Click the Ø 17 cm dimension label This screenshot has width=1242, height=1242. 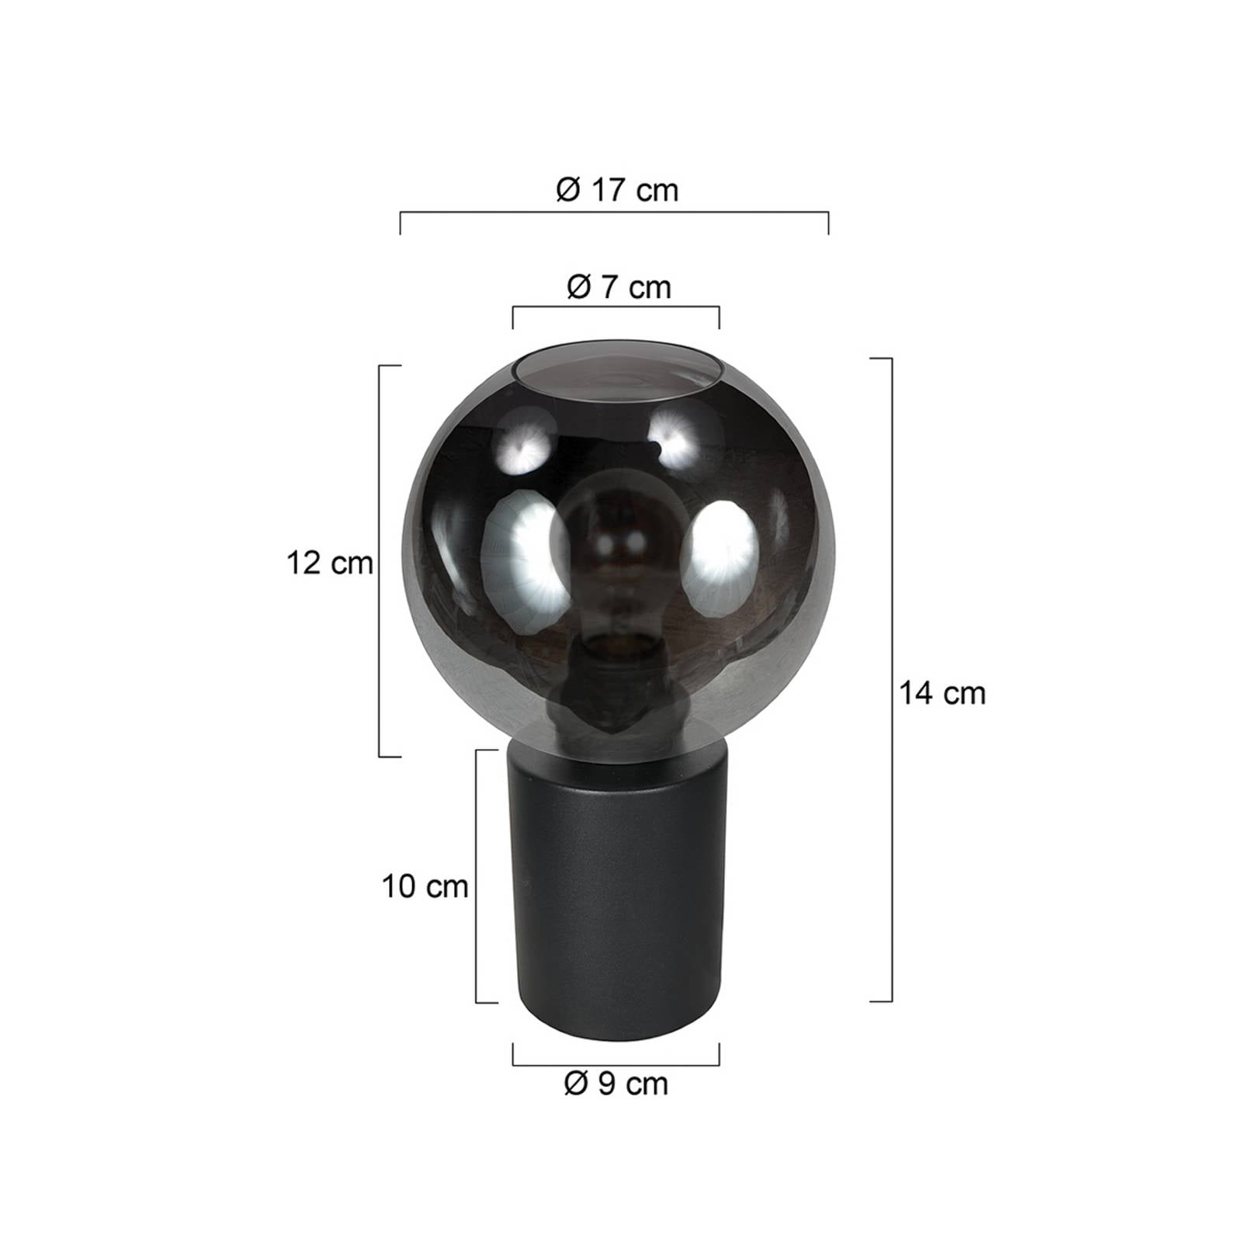[617, 190]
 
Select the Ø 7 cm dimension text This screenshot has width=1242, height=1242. [618, 288]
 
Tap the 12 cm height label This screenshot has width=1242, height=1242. [330, 563]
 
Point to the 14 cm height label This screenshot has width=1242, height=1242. [942, 692]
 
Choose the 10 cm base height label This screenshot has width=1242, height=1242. [425, 886]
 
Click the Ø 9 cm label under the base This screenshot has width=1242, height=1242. [616, 1084]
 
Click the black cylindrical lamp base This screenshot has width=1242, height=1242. [616, 893]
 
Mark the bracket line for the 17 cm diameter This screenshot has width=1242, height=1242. [613, 212]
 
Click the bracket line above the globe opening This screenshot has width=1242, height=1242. [616, 308]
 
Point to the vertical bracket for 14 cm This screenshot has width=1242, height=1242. [891, 679]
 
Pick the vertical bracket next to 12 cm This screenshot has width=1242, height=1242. [380, 560]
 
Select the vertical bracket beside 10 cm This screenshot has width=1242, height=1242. [476, 876]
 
